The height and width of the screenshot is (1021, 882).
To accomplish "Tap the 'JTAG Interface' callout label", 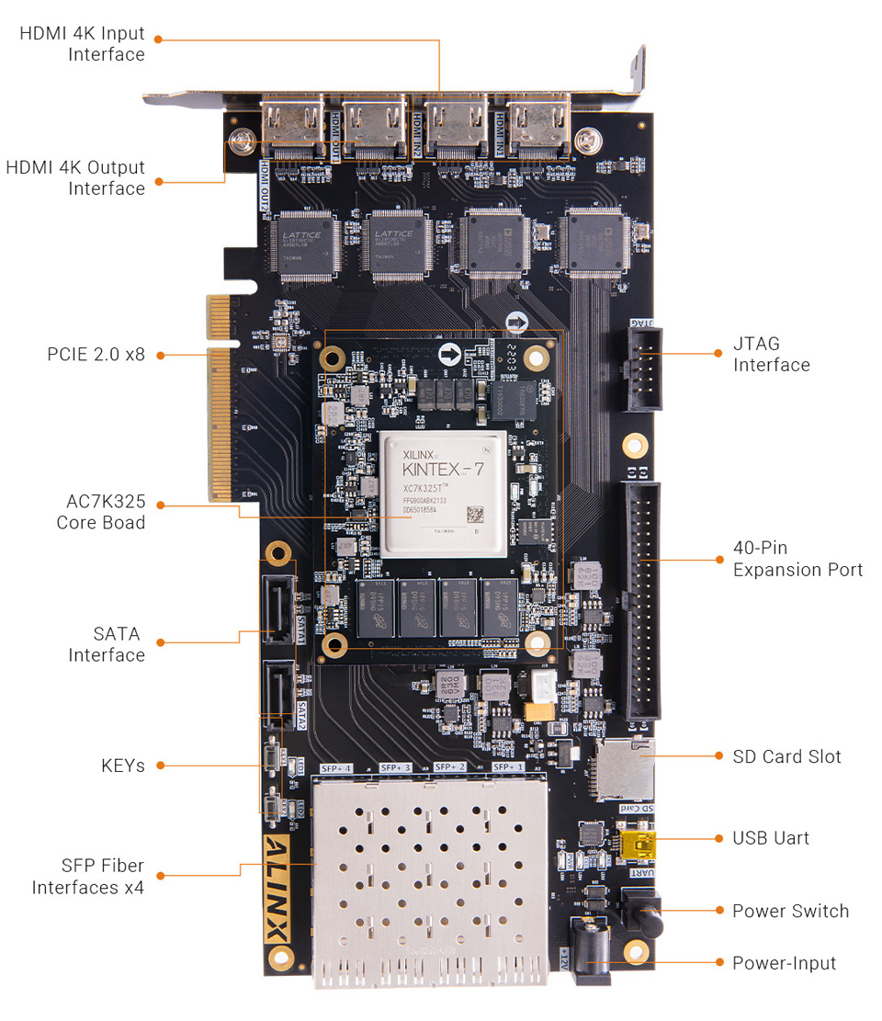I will point(771,355).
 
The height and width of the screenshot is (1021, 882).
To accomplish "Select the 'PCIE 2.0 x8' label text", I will point(96,354).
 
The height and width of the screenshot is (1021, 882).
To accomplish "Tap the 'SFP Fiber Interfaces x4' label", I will point(88,877).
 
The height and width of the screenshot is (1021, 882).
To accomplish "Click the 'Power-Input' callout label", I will point(784,963).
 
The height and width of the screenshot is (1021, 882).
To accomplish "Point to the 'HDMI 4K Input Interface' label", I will point(83,44).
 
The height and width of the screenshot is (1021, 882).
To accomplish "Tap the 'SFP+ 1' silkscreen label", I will point(508,766).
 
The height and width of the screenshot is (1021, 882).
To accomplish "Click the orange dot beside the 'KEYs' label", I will point(159,766).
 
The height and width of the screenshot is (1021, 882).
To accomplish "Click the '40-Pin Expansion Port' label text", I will point(797,559).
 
